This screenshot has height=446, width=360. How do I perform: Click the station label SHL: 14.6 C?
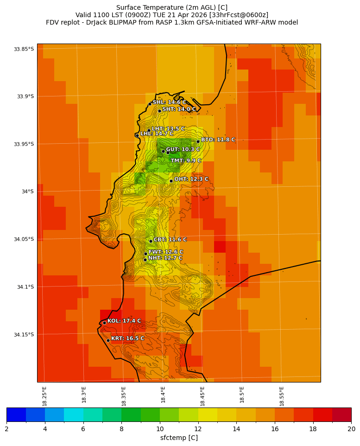(x=169, y=102)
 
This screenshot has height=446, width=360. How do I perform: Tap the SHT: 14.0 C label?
(x=179, y=109)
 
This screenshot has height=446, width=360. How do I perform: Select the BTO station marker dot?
(x=198, y=141)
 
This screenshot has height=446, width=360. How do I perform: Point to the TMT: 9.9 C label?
(x=186, y=161)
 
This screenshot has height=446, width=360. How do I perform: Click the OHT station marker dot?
(x=171, y=181)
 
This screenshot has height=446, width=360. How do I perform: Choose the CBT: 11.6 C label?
(x=170, y=240)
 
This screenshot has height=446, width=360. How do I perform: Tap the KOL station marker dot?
(x=104, y=323)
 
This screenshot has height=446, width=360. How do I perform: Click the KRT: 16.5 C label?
(x=127, y=338)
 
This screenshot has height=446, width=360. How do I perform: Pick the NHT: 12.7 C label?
(x=165, y=258)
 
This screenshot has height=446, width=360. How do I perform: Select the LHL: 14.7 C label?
(x=157, y=134)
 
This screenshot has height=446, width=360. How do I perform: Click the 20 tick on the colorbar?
(x=351, y=429)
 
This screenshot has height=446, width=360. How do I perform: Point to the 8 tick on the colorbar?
(x=121, y=429)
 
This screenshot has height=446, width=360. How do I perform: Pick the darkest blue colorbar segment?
(x=16, y=414)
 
